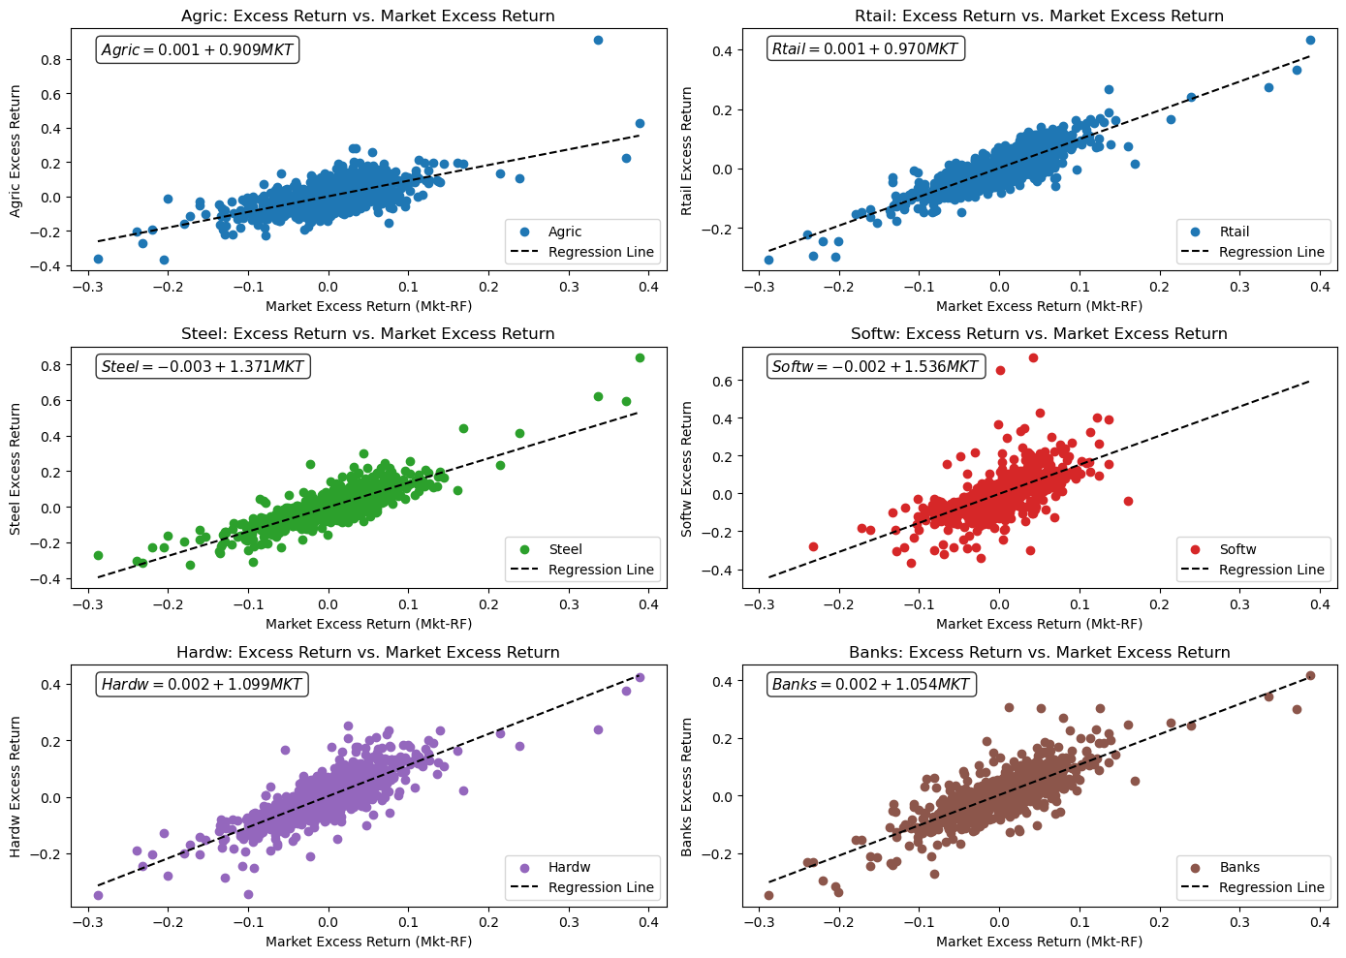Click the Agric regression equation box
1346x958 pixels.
[197, 49]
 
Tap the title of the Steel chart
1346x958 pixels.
[367, 334]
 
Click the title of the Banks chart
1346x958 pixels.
[1039, 653]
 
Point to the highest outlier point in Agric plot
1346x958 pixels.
[598, 41]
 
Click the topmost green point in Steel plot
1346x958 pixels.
[640, 358]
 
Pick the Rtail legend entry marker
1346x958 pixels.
[1194, 232]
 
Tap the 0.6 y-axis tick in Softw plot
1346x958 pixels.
[722, 382]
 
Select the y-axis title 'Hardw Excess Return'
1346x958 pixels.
[16, 787]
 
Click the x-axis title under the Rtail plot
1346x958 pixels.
[1039, 306]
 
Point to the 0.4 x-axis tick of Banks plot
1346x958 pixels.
[1320, 923]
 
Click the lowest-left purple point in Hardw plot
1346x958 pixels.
[98, 895]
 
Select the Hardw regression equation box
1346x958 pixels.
[202, 685]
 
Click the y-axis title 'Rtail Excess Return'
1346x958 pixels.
[687, 151]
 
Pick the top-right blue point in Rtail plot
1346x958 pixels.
[1310, 41]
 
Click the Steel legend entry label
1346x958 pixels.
[565, 550]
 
